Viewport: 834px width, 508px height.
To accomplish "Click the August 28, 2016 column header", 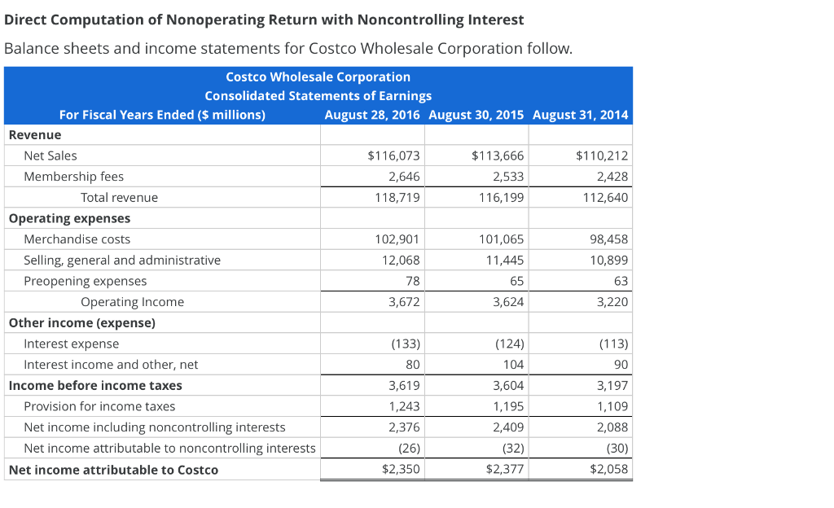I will pos(372,115).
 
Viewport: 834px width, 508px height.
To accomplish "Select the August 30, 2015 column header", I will pos(476,115).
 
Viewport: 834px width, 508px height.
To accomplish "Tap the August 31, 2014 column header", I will pos(580,115).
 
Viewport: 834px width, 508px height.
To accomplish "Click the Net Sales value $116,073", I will pos(394,155).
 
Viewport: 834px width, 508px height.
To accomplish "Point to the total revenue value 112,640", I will pos(608,198).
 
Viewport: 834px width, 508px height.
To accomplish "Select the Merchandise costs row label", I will pos(77,239).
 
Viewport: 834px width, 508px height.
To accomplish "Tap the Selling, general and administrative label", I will pos(122,261).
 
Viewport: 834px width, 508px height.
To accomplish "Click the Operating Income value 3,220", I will pos(612,302).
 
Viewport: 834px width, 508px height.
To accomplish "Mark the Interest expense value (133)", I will pos(405,344).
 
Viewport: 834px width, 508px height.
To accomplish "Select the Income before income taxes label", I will pos(95,386).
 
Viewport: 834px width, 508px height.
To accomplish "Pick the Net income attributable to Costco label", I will pos(113,470).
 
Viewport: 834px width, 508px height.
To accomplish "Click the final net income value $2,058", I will pos(609,469).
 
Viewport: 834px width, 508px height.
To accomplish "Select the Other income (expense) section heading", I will pos(81,323).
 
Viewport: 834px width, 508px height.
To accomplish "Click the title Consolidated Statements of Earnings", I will pos(318,96).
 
